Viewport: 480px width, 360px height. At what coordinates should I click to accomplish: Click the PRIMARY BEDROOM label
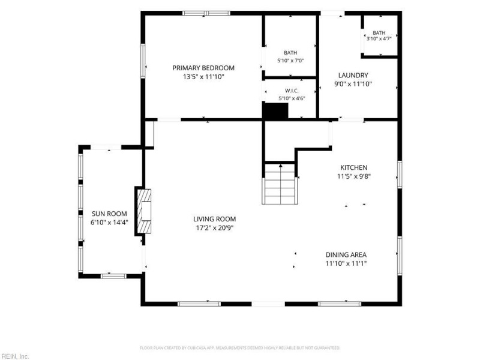pyautogui.click(x=203, y=68)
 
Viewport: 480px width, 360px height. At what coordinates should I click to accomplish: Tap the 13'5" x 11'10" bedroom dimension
pyautogui.click(x=203, y=77)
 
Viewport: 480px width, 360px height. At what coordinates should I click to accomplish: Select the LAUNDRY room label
pyautogui.click(x=353, y=76)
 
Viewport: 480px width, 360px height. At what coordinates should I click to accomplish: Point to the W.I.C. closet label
pyautogui.click(x=292, y=91)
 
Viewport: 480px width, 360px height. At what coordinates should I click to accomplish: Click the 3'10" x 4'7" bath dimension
pyautogui.click(x=379, y=39)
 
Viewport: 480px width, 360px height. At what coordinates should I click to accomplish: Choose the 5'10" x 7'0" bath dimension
pyautogui.click(x=290, y=61)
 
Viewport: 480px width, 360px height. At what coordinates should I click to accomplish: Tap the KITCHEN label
pyautogui.click(x=354, y=167)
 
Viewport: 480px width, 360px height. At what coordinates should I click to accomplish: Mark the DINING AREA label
pyautogui.click(x=346, y=254)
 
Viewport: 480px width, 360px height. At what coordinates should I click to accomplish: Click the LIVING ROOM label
pyautogui.click(x=215, y=219)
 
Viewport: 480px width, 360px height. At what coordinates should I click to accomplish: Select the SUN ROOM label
pyautogui.click(x=109, y=214)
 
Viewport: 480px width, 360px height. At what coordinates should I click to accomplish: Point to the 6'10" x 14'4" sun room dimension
pyautogui.click(x=109, y=223)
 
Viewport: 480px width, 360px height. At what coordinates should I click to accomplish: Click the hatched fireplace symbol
pyautogui.click(x=144, y=211)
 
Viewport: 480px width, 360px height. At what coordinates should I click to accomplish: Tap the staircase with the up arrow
pyautogui.click(x=280, y=184)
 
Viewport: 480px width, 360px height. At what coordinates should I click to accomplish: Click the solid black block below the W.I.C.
pyautogui.click(x=276, y=110)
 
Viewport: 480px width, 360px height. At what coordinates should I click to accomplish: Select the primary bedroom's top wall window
pyautogui.click(x=206, y=13)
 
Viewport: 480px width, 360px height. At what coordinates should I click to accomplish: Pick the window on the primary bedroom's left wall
pyautogui.click(x=143, y=61)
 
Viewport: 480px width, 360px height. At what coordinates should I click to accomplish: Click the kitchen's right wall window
pyautogui.click(x=400, y=175)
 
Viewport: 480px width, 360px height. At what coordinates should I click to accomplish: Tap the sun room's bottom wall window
pyautogui.click(x=113, y=276)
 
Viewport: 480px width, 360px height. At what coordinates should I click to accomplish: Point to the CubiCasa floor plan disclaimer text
pyautogui.click(x=240, y=348)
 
